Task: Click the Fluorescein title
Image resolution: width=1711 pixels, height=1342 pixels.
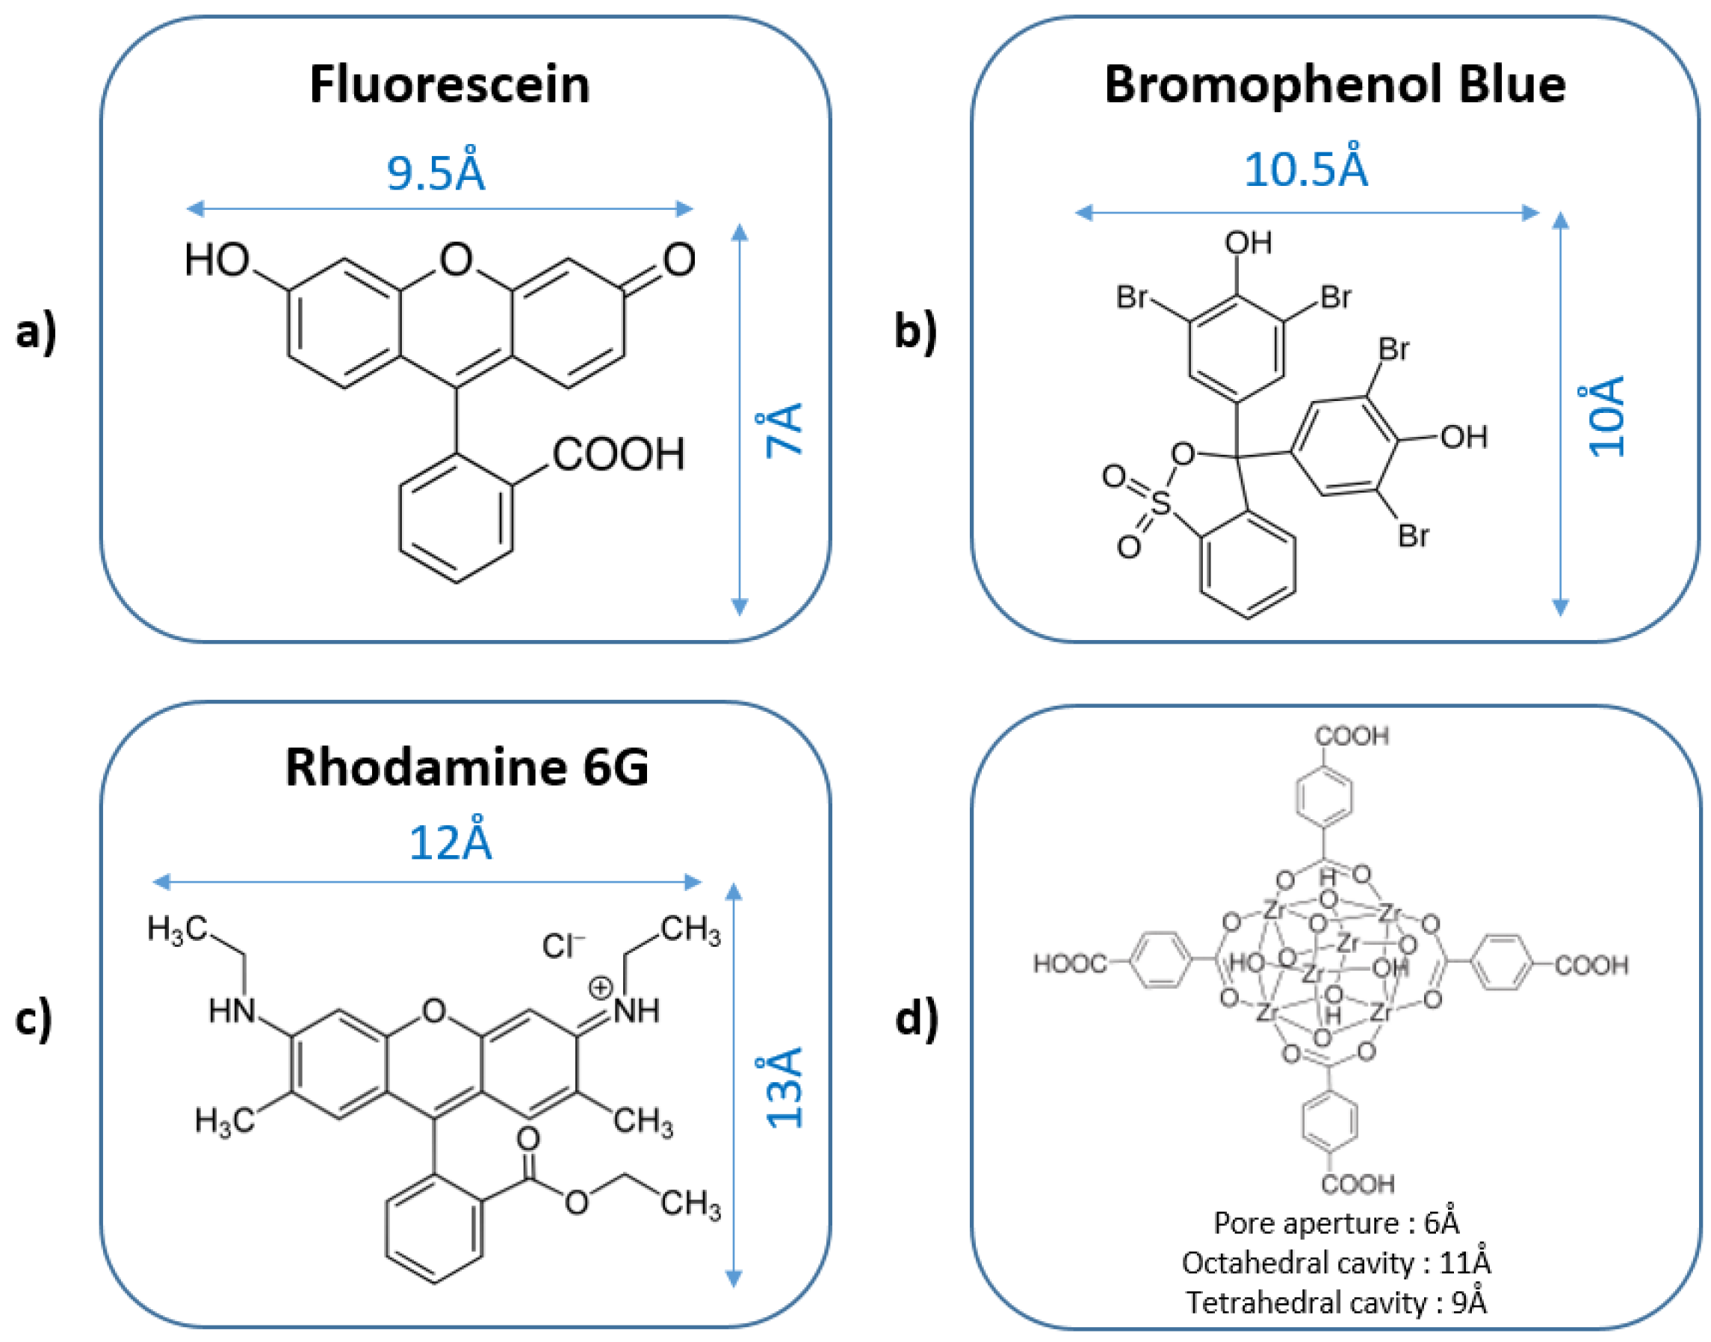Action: (x=449, y=85)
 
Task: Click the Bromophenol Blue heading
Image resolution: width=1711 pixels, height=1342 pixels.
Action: (x=1334, y=85)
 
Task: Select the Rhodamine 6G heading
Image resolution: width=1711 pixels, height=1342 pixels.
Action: (x=467, y=767)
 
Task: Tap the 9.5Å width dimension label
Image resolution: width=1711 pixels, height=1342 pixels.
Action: (x=436, y=173)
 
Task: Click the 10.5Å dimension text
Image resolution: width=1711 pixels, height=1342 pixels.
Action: (x=1305, y=169)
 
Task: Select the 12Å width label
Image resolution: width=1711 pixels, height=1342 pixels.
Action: (x=451, y=843)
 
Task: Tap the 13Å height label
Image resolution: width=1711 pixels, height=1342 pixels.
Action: (x=784, y=1087)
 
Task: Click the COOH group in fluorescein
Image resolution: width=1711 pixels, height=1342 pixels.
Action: (x=618, y=454)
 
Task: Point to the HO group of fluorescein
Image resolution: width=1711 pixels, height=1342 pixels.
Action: (x=216, y=260)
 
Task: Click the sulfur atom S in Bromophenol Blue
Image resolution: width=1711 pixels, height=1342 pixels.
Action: (x=1160, y=503)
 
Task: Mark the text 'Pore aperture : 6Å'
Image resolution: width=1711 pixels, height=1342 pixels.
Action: (x=1336, y=1223)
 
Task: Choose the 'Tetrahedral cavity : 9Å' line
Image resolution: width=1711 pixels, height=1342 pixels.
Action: (x=1336, y=1302)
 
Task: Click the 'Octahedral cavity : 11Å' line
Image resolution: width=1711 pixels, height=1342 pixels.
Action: (x=1336, y=1263)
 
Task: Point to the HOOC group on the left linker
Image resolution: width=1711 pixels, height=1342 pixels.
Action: (x=1069, y=964)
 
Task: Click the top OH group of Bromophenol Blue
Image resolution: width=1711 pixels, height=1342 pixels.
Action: (x=1248, y=243)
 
